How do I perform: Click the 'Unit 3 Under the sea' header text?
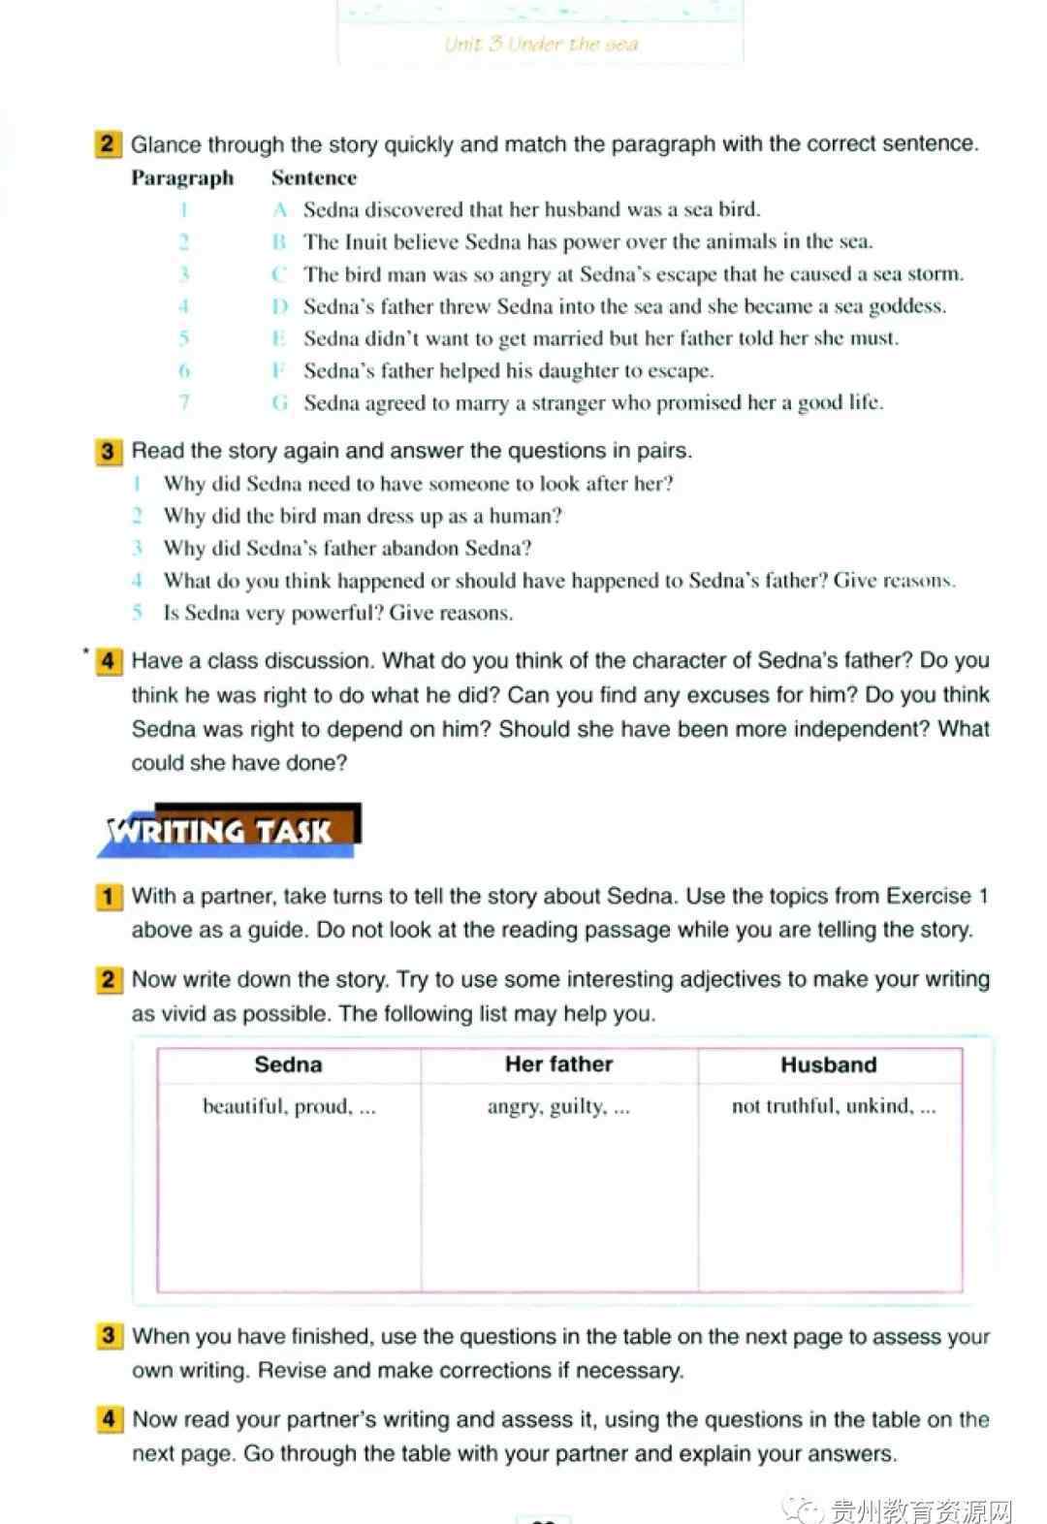click(541, 44)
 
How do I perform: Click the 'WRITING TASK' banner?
click(228, 831)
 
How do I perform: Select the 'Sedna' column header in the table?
click(288, 1064)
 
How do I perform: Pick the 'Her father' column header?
click(558, 1064)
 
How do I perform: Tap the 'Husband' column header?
click(828, 1064)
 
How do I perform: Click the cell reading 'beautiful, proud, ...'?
click(289, 1106)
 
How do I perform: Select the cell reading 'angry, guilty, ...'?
click(558, 1106)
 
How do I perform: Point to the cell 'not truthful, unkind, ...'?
click(833, 1106)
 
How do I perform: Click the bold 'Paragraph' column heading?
click(182, 178)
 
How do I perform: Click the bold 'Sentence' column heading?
click(313, 178)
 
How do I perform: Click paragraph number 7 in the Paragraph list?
click(184, 402)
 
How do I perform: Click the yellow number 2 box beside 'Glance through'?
click(108, 145)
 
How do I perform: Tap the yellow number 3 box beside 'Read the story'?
click(108, 452)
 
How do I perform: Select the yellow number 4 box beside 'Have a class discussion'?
click(108, 662)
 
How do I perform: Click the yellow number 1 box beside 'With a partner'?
click(108, 897)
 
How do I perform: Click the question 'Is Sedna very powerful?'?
click(338, 613)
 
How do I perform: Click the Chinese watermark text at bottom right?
click(920, 1509)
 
